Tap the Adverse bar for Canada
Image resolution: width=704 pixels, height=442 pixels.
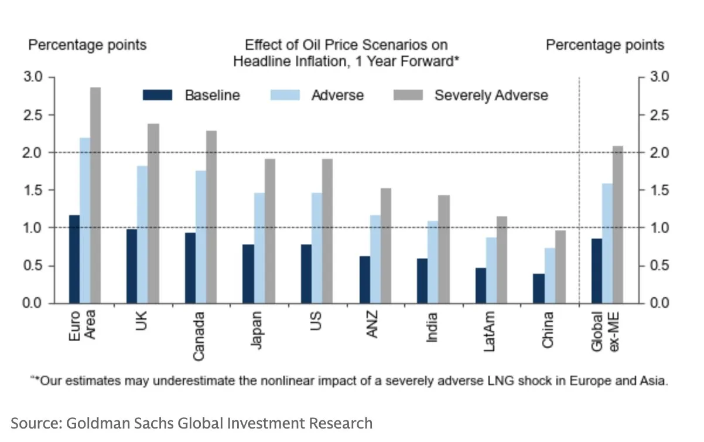pos(201,237)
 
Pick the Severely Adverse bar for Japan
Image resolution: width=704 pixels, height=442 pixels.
pos(269,231)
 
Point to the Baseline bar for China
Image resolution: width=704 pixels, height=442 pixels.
pos(538,288)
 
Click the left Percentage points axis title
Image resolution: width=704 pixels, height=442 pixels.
pos(87,45)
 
